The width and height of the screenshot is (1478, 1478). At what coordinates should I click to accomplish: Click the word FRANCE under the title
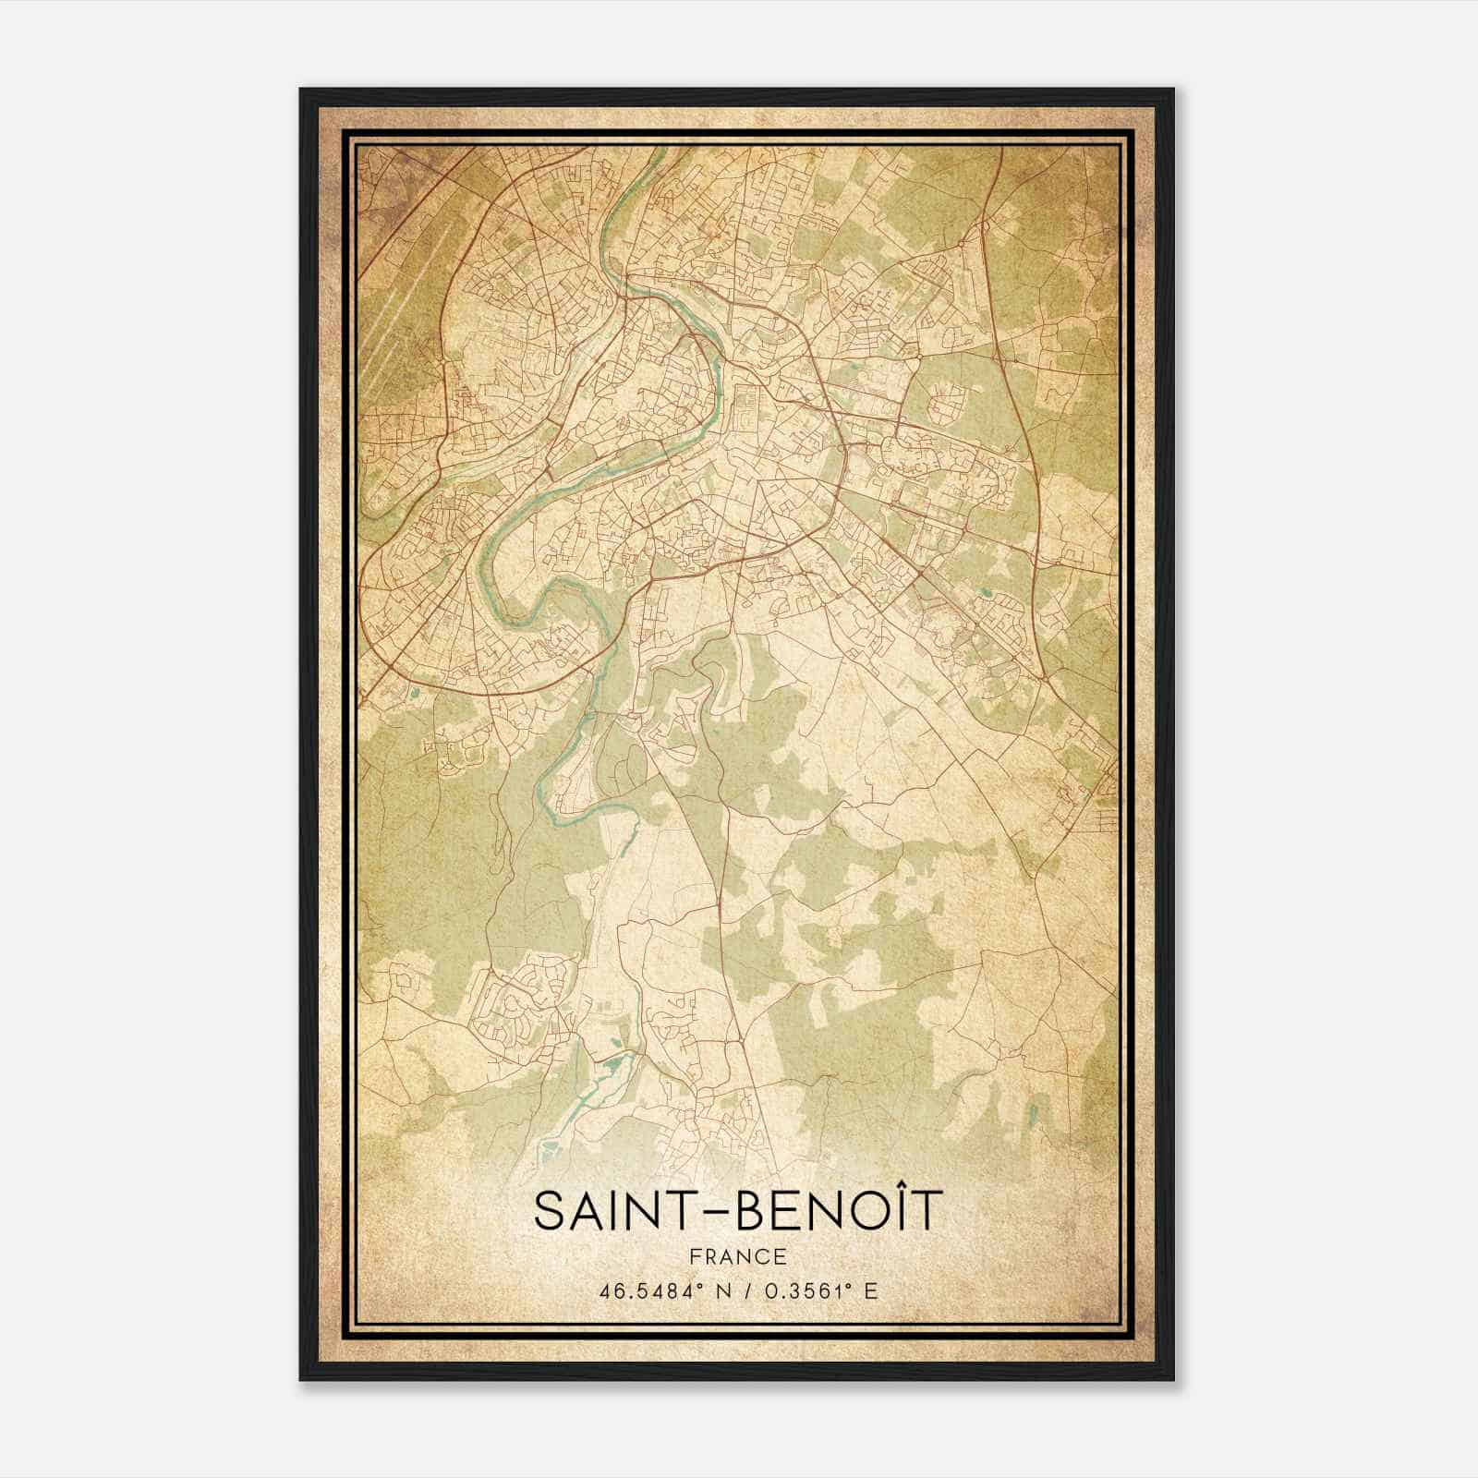pyautogui.click(x=738, y=1256)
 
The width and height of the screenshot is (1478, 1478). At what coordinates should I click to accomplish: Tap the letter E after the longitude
pyautogui.click(x=870, y=1290)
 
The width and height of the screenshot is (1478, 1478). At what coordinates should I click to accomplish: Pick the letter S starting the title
pyautogui.click(x=549, y=1212)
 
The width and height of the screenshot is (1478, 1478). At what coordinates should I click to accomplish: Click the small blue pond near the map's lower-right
pyautogui.click(x=1034, y=1110)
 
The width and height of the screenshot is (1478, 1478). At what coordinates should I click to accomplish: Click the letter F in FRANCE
pyautogui.click(x=695, y=1256)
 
